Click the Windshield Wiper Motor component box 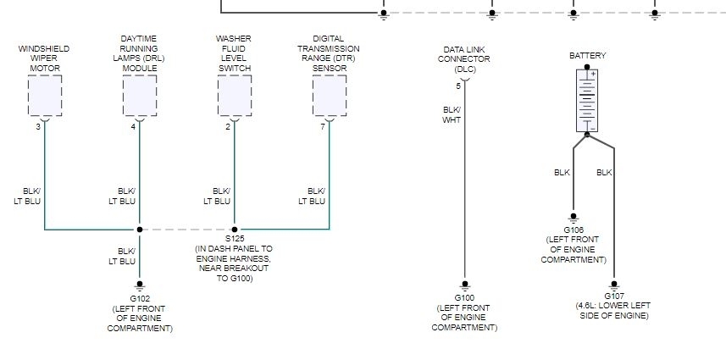pyautogui.click(x=45, y=95)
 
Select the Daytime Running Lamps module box pyautogui.click(x=140, y=95)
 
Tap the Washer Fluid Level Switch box pyautogui.click(x=235, y=95)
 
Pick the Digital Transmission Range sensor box pyautogui.click(x=330, y=95)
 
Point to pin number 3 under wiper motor pyautogui.click(x=38, y=126)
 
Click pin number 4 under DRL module pyautogui.click(x=133, y=126)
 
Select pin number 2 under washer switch pyautogui.click(x=228, y=126)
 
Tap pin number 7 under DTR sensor pyautogui.click(x=323, y=126)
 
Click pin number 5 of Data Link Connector pyautogui.click(x=458, y=86)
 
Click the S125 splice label pyautogui.click(x=235, y=240)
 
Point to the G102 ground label pyautogui.click(x=140, y=297)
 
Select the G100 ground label pyautogui.click(x=464, y=297)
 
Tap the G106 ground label pyautogui.click(x=574, y=230)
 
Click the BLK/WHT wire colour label pyautogui.click(x=452, y=114)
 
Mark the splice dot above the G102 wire pyautogui.click(x=140, y=229)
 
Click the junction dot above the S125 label pyautogui.click(x=235, y=229)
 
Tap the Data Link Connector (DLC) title pyautogui.click(x=464, y=59)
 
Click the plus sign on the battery pyautogui.click(x=594, y=74)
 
